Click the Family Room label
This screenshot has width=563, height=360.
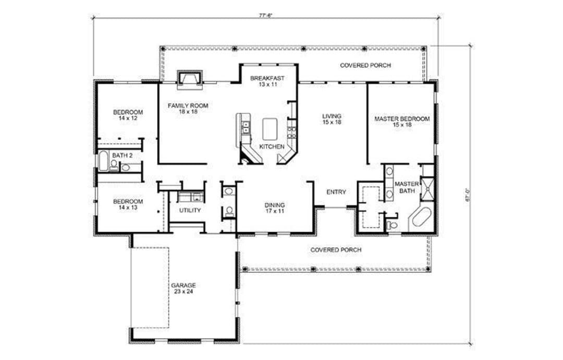point(188,108)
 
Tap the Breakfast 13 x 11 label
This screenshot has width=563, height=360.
point(267,81)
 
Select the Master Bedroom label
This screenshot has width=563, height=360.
point(402,122)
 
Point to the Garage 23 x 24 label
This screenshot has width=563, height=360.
point(183,289)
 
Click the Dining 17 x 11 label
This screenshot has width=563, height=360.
point(275,208)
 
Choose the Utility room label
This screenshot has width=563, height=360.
point(190,210)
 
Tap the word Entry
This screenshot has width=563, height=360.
point(336,192)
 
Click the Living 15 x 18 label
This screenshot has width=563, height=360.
point(332,119)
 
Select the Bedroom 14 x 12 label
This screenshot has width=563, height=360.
point(128,115)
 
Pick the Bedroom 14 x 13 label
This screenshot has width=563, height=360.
point(128,205)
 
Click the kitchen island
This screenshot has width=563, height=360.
point(271,129)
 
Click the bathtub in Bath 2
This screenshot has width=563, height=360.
point(103,161)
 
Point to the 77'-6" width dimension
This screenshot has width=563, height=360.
point(266,16)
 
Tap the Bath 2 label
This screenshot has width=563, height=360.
point(123,155)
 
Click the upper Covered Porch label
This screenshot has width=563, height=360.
point(365,65)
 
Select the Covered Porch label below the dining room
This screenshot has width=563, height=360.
point(336,250)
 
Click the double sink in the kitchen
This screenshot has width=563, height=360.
point(246,127)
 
